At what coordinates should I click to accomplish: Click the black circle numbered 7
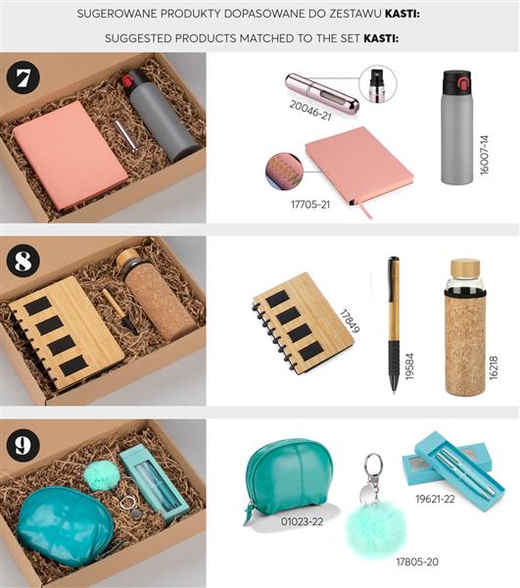click(x=24, y=77)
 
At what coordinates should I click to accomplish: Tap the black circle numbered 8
click(x=24, y=260)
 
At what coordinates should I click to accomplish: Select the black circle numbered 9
click(x=24, y=444)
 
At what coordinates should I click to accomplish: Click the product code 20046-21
click(x=310, y=111)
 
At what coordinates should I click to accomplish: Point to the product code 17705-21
click(x=310, y=205)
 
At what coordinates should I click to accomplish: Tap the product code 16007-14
click(x=485, y=155)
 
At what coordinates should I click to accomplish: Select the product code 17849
click(x=350, y=321)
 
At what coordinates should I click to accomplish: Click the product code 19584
click(x=409, y=367)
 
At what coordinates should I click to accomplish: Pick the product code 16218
click(x=494, y=367)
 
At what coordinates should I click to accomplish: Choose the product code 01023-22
click(x=302, y=521)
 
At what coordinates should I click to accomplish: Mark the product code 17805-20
click(x=417, y=562)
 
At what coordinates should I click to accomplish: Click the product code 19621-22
click(x=435, y=499)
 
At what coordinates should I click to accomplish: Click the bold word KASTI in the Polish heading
click(x=402, y=15)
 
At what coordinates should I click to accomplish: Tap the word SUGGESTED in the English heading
click(x=138, y=38)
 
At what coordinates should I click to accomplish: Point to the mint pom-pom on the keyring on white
click(x=376, y=527)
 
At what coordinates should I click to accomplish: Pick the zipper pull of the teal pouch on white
click(x=247, y=514)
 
